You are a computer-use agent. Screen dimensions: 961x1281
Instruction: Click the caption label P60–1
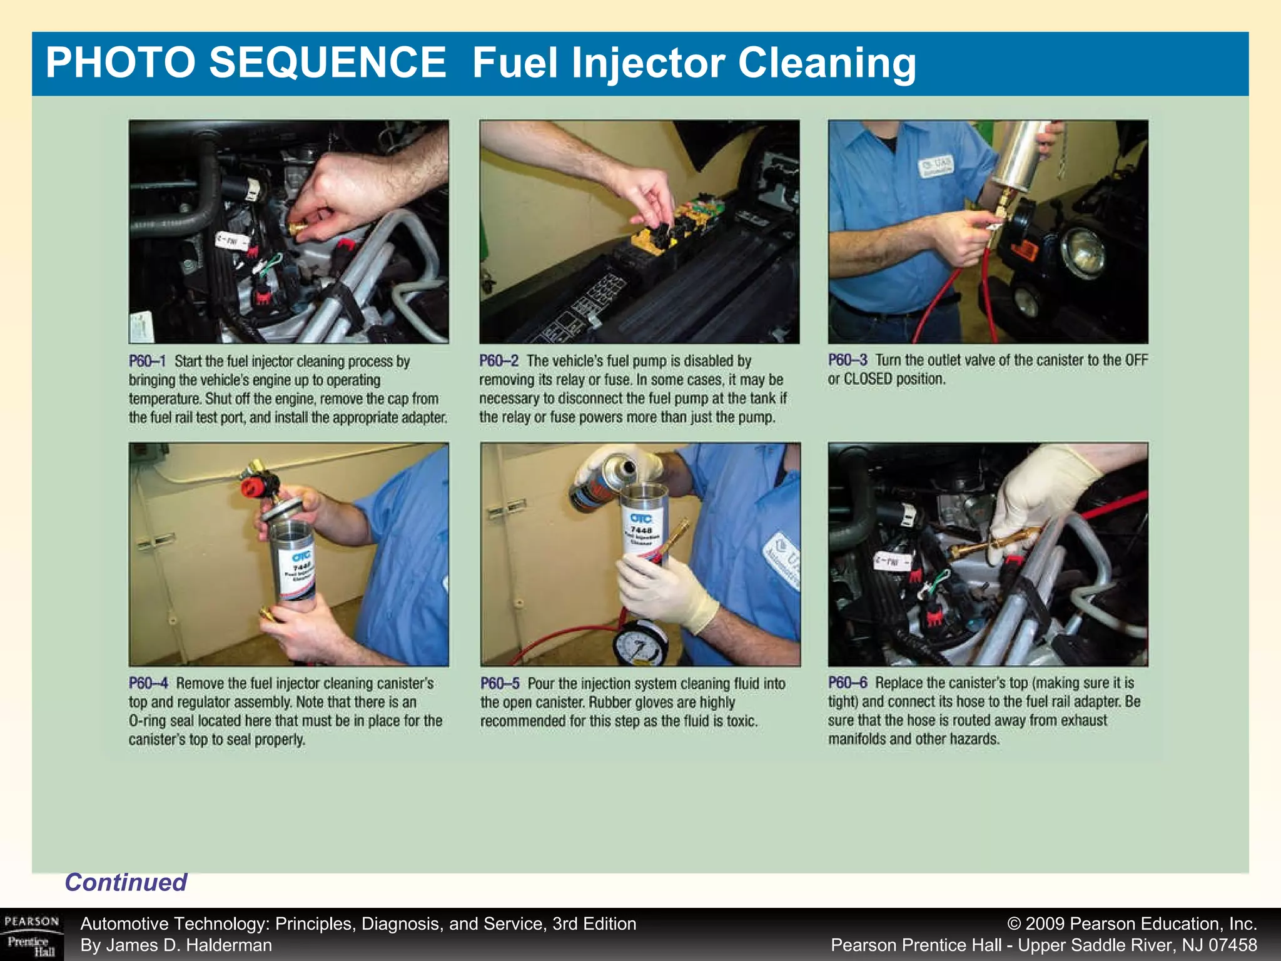[x=147, y=362]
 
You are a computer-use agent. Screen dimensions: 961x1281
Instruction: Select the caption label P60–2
[x=499, y=361]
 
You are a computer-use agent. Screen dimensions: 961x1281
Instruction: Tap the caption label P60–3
[x=847, y=360]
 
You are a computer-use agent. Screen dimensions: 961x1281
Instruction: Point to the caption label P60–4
[x=148, y=683]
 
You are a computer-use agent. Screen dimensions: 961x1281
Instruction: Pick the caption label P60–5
[x=499, y=683]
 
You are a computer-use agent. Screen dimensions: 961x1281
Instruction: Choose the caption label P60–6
[x=847, y=683]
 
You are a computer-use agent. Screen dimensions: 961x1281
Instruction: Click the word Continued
[x=126, y=882]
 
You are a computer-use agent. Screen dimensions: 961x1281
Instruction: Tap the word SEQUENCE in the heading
[x=327, y=63]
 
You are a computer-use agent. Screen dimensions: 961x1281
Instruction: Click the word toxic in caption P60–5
[x=741, y=721]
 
